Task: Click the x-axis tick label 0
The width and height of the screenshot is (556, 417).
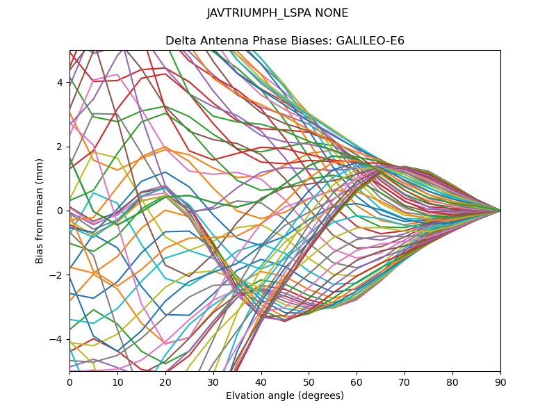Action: [69, 382]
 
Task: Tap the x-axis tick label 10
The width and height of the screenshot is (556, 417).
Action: [117, 382]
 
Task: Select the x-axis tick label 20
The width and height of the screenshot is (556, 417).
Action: [165, 382]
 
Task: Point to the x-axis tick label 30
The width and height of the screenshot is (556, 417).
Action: [213, 382]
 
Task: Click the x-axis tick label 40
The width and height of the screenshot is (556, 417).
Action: [261, 382]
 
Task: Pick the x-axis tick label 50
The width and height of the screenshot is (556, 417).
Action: [309, 382]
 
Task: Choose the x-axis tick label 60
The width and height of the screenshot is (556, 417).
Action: [357, 382]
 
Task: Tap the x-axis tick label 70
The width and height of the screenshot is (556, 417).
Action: [404, 382]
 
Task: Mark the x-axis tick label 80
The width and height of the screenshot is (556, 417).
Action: [452, 382]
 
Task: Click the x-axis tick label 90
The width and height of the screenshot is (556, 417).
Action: [500, 382]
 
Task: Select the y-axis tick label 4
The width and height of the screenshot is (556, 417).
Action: [60, 83]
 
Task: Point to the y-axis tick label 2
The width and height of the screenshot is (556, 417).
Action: [60, 147]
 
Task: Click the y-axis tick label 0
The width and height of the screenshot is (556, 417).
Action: [60, 211]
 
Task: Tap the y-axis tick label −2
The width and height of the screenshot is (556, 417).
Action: [58, 275]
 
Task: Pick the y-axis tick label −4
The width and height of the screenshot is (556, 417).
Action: [58, 339]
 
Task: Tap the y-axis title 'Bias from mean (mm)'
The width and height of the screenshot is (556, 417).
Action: [40, 210]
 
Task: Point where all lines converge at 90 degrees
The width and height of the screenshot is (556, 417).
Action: [500, 211]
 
